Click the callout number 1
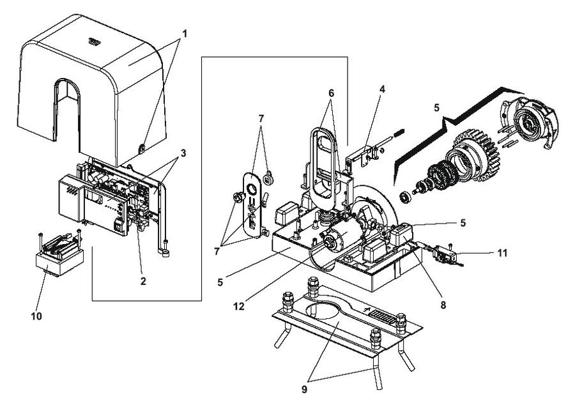click(x=185, y=34)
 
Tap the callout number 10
click(x=36, y=316)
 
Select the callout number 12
click(x=239, y=307)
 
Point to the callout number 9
click(x=304, y=389)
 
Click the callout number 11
click(x=502, y=253)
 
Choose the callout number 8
click(x=443, y=305)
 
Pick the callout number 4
click(x=383, y=89)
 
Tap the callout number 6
click(x=332, y=93)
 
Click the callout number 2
click(x=143, y=281)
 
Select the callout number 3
click(x=183, y=153)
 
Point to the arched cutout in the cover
click(x=66, y=110)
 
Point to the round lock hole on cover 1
click(x=141, y=148)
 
